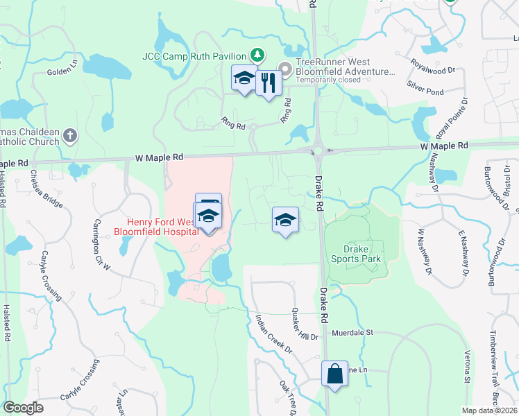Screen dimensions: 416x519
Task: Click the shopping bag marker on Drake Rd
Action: point(334,374)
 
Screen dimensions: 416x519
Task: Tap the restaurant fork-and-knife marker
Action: point(268,83)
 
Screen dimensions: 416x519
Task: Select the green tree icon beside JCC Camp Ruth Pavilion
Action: point(257,55)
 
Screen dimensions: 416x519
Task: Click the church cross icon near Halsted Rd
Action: point(69,135)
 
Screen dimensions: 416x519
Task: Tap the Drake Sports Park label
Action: point(362,254)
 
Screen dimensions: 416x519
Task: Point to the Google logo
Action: point(23,408)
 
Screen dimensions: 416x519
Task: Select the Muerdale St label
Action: point(352,333)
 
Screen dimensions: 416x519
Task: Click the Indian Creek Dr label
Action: point(274,334)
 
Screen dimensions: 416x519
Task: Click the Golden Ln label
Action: point(62,70)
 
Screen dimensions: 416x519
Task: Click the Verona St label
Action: point(466,368)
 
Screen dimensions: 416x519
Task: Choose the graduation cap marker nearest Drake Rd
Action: point(284,221)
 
